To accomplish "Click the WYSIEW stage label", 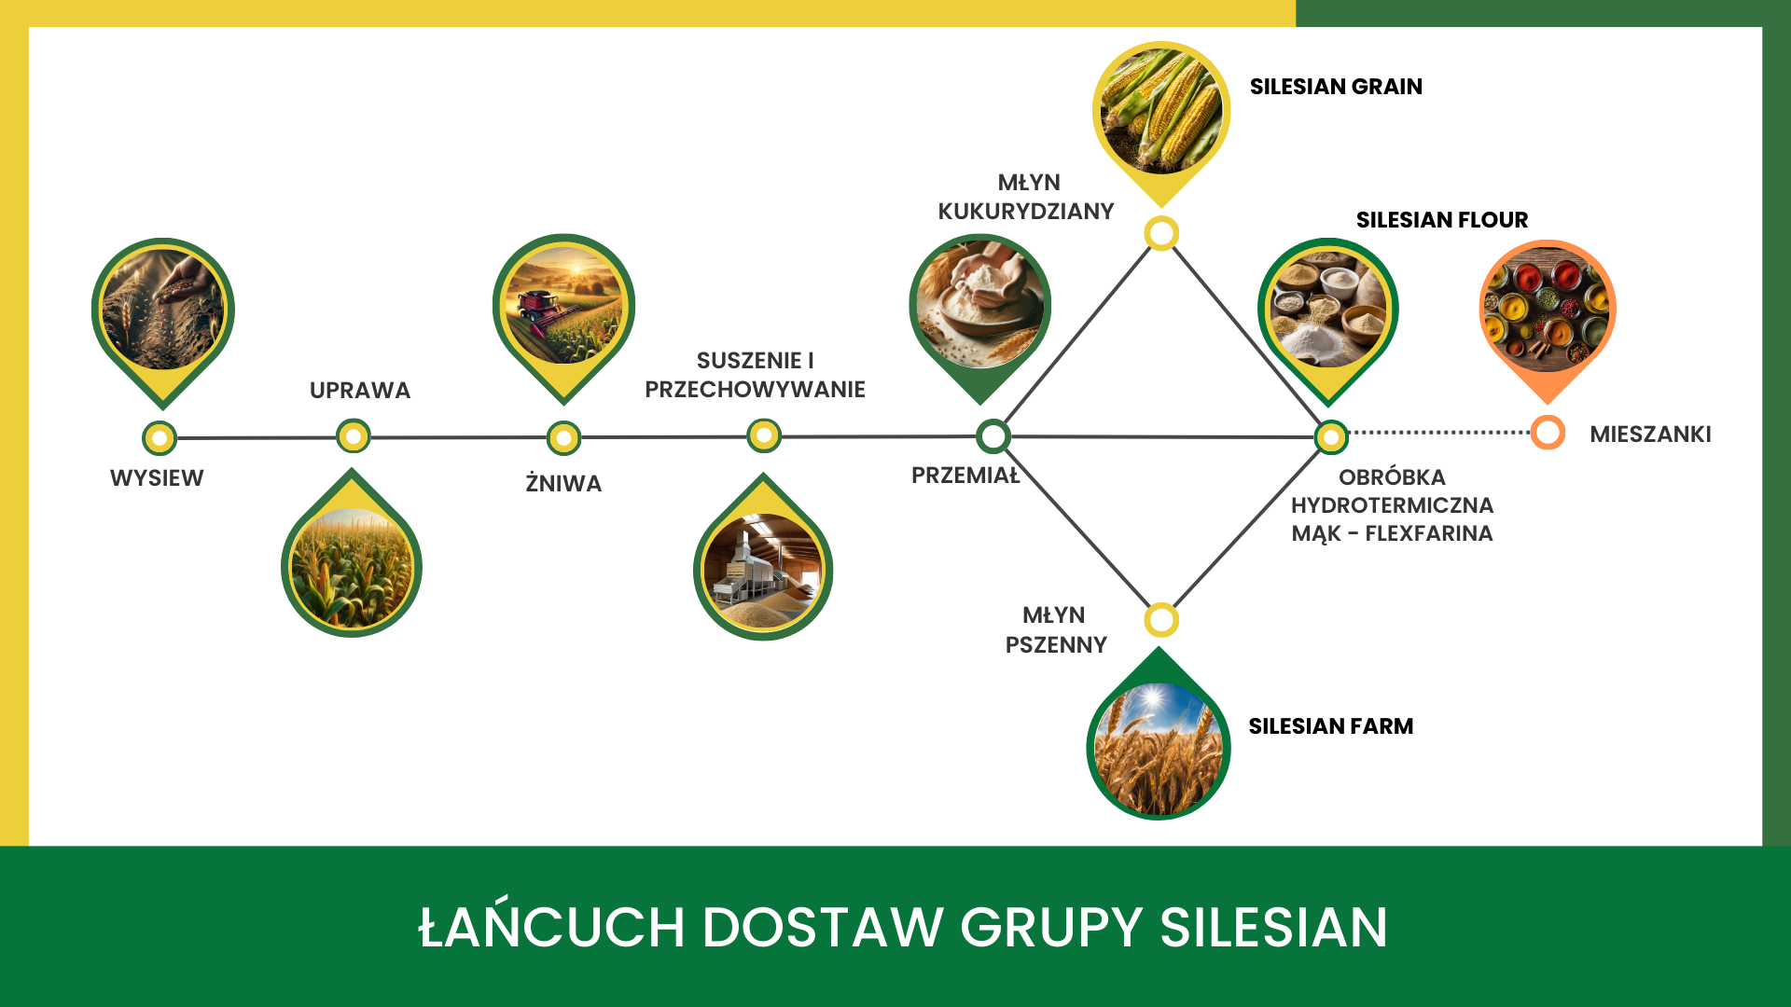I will [157, 478].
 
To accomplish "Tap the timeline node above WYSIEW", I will [160, 437].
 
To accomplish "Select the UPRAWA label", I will [360, 391].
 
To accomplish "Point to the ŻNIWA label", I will [563, 484].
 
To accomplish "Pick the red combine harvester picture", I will [563, 306].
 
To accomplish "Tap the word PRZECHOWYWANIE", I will [755, 390].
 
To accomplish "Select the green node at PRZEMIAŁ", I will [993, 435].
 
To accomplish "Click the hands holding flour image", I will [980, 304].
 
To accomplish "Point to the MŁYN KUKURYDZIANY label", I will [1026, 197].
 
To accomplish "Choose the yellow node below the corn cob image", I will [1161, 233].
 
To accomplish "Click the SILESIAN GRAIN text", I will [1336, 87].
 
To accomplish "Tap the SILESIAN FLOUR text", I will [1441, 220].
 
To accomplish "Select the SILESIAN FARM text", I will [1330, 726].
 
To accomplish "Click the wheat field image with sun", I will [1159, 748].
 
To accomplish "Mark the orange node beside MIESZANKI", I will [1548, 433].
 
